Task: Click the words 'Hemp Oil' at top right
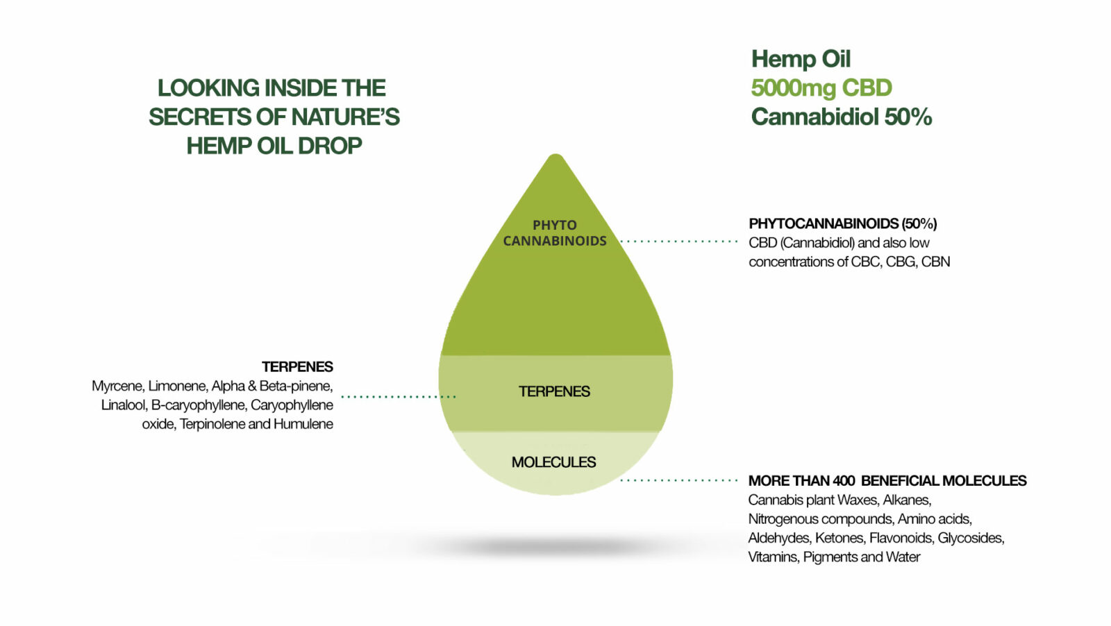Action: click(x=801, y=59)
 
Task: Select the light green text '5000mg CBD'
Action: click(x=821, y=87)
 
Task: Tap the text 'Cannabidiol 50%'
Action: click(x=841, y=117)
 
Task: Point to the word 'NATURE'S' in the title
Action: click(x=345, y=117)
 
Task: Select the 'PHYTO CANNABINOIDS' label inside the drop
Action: click(x=555, y=233)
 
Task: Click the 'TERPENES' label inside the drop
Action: click(x=555, y=391)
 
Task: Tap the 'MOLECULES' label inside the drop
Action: click(x=553, y=462)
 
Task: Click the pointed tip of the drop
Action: click(x=556, y=155)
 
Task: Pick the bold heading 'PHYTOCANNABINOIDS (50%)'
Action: click(x=843, y=223)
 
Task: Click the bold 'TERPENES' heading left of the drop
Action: click(x=298, y=366)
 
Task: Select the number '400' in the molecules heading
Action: click(x=844, y=481)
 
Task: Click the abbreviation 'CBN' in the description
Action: click(x=935, y=262)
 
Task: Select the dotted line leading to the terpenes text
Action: click(x=399, y=396)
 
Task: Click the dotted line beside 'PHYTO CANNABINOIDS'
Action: click(x=679, y=242)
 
